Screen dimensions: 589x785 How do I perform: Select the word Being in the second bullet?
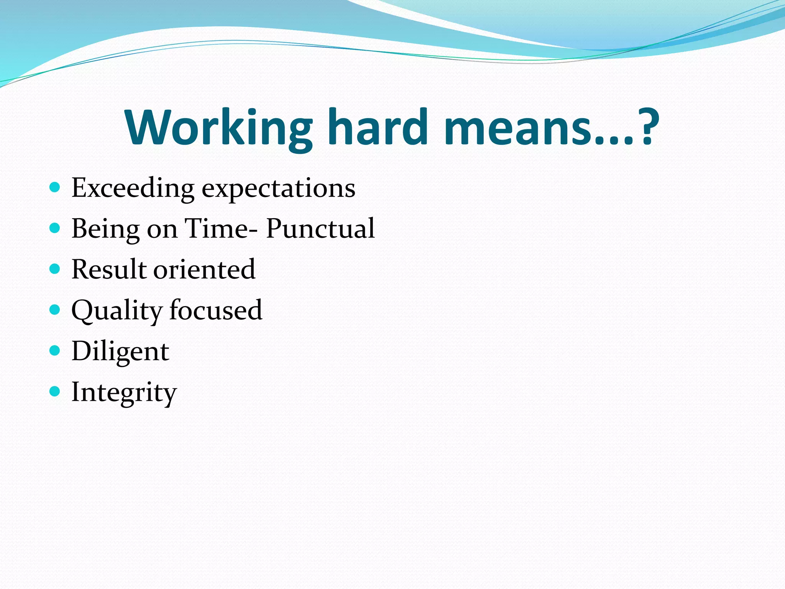click(105, 229)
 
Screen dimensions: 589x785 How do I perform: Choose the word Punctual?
click(320, 229)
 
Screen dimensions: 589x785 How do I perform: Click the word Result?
click(109, 269)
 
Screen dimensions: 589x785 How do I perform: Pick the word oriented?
click(204, 269)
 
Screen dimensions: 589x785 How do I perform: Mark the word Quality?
click(117, 311)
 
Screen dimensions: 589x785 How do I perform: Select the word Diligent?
click(120, 352)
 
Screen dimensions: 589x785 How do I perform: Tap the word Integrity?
click(124, 393)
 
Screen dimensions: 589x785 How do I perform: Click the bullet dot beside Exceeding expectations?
click(55, 188)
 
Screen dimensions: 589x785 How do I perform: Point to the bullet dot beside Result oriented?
click(55, 269)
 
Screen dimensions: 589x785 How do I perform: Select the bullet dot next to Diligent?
click(55, 350)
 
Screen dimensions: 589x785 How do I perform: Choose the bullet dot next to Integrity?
click(55, 391)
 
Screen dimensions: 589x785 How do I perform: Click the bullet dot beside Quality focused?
click(55, 309)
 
